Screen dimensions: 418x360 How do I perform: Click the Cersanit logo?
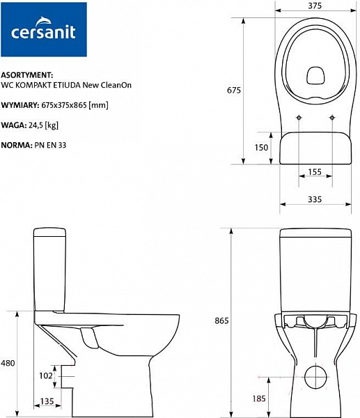pos(44,30)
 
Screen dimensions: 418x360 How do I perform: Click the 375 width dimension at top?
pos(315,6)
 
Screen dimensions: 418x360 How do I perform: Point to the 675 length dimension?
pos(234,90)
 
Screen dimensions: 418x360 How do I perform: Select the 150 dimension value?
pos(261,147)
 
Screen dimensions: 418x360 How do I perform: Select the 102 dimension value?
pos(46,375)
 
